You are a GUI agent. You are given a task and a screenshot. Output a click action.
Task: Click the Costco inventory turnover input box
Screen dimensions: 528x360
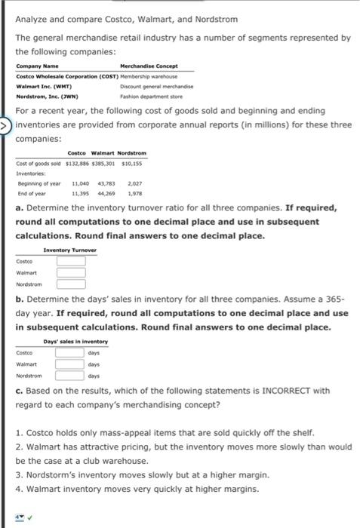point(71,260)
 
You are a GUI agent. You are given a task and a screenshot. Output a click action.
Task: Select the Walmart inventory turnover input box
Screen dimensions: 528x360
point(71,273)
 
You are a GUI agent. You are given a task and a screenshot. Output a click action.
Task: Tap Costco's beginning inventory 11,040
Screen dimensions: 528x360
point(82,184)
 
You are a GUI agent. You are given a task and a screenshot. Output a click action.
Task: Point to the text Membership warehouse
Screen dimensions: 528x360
point(145,76)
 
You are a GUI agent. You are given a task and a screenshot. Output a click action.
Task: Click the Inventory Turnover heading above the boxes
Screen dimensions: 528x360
point(70,249)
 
